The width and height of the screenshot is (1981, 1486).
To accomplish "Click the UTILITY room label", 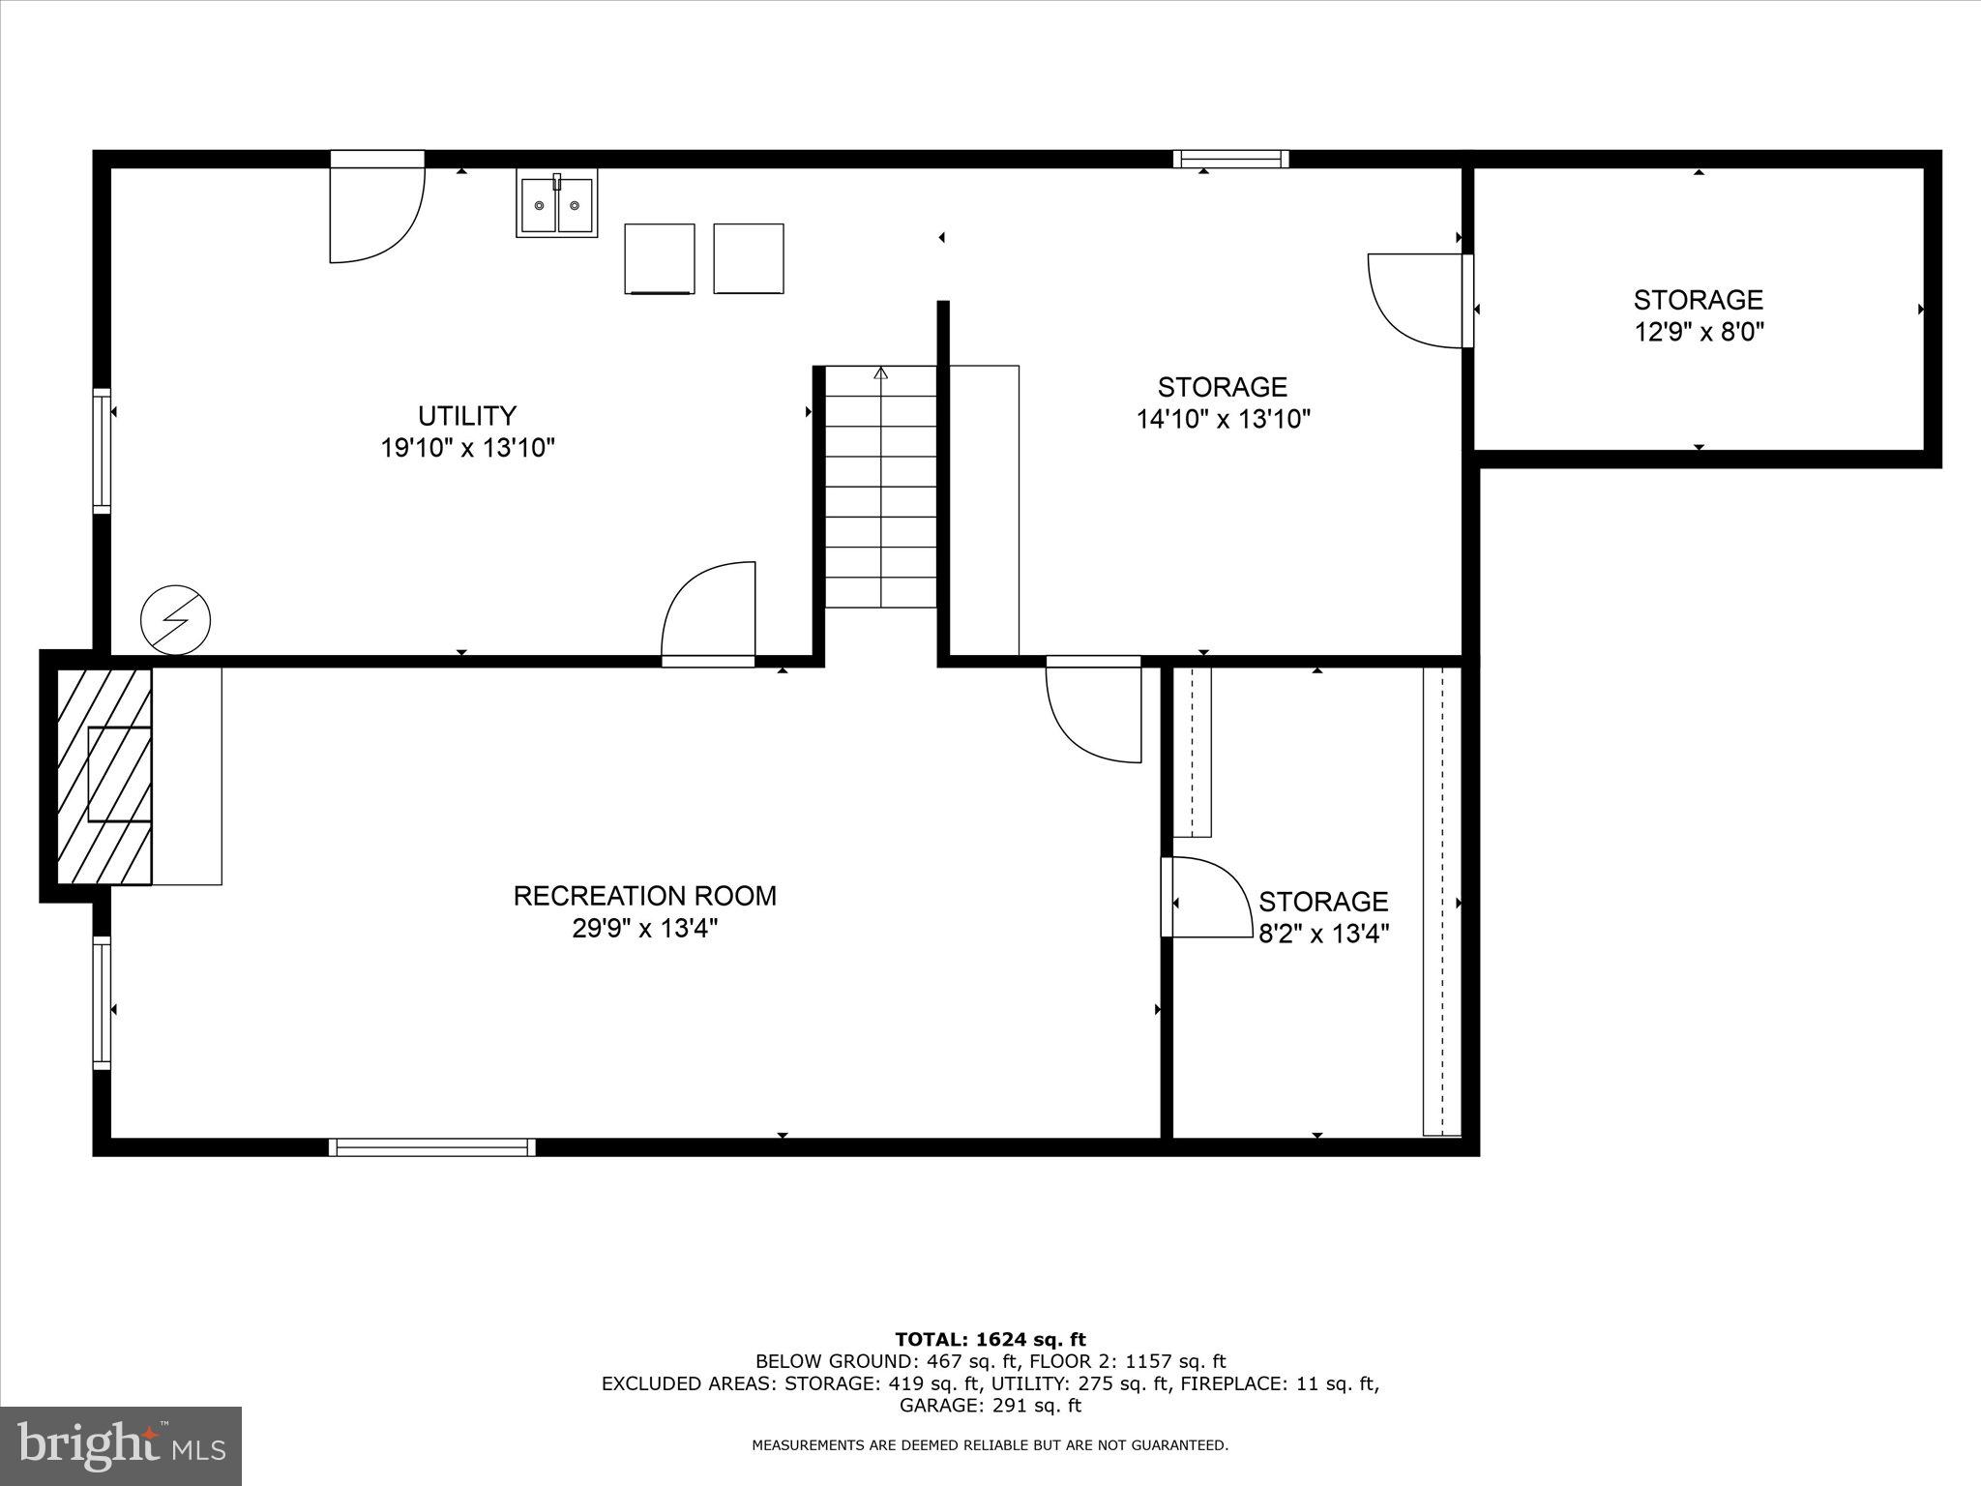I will (467, 415).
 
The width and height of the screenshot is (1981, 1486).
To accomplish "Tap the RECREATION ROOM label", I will (644, 896).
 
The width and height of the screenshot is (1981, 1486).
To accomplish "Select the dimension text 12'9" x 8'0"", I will (1699, 333).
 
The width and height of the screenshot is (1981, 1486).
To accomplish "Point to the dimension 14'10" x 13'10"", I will (1223, 420).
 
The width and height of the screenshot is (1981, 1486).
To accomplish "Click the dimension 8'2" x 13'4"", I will (1323, 935).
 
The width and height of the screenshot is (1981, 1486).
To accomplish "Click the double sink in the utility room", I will (556, 204).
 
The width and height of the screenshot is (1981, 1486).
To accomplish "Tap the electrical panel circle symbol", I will (175, 619).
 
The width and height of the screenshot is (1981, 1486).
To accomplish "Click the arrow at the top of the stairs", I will (880, 373).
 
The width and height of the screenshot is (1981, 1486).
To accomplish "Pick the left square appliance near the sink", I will (660, 258).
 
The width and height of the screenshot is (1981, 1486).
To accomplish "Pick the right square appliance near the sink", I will (748, 258).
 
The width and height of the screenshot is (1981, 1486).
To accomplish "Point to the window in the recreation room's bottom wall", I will (431, 1147).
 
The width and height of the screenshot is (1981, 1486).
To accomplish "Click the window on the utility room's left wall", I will (102, 451).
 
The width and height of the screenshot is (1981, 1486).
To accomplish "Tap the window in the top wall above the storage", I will (1230, 159).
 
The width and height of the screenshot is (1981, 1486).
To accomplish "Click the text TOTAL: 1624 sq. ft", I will (990, 1340).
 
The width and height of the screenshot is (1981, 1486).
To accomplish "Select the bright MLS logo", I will (121, 1445).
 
